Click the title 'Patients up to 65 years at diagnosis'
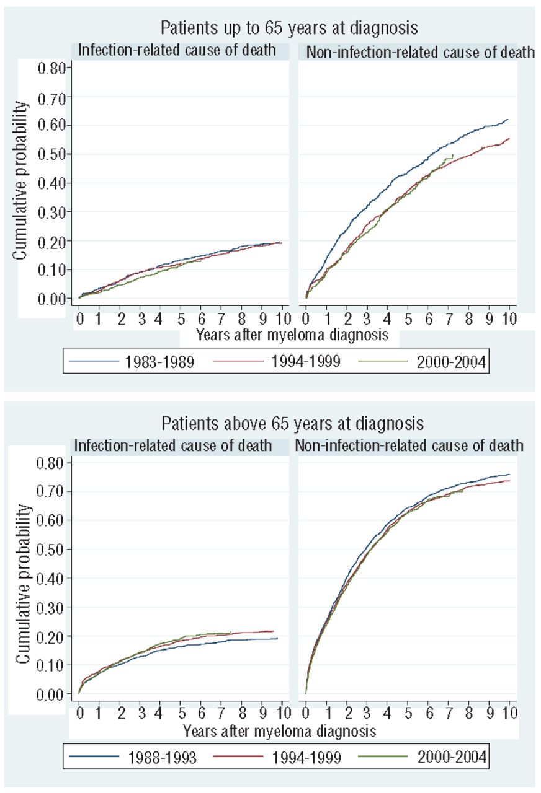(288, 28)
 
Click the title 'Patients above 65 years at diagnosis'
(292, 424)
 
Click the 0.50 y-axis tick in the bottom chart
(51, 550)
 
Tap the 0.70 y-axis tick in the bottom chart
(51, 492)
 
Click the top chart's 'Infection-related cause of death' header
(177, 51)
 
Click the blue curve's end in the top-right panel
(508, 120)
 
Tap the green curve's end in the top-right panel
(453, 154)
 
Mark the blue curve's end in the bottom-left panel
(277, 638)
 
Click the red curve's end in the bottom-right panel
(509, 481)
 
